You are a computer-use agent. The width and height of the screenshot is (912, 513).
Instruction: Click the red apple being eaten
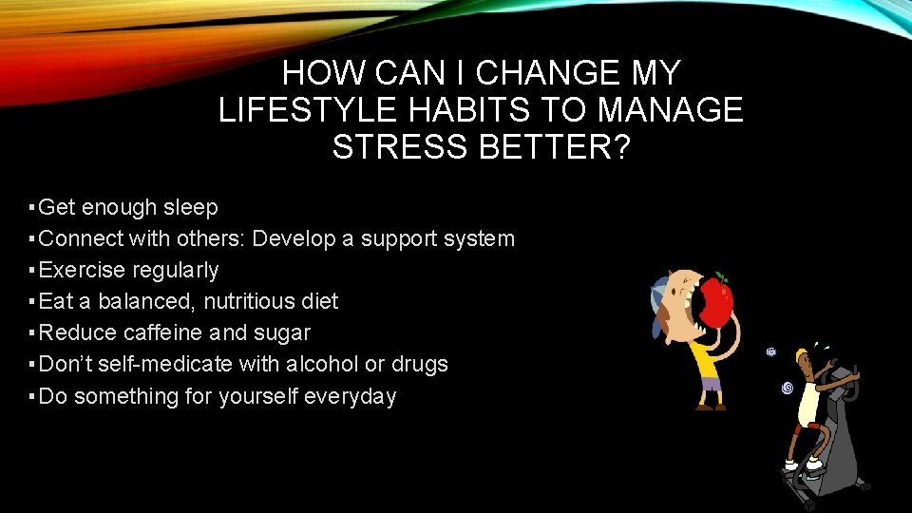[x=717, y=302]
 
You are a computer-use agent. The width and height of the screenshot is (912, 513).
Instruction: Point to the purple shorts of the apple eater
[x=711, y=386]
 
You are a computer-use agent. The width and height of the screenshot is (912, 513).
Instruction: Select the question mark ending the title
[x=619, y=148]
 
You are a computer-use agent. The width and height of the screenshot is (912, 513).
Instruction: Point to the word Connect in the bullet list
[x=80, y=238]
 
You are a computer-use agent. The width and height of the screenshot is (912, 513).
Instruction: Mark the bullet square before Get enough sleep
[x=32, y=207]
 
